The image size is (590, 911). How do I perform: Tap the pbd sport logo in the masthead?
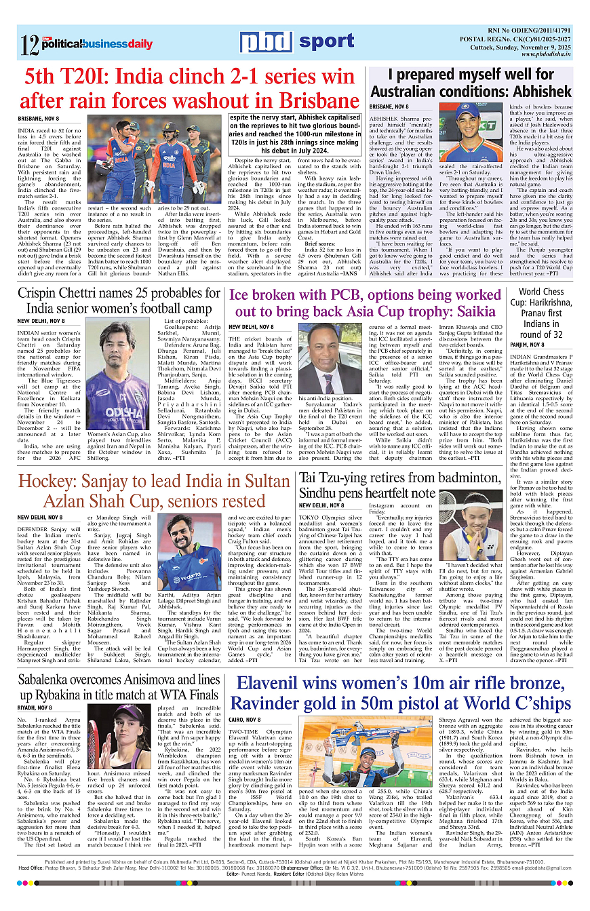point(296,43)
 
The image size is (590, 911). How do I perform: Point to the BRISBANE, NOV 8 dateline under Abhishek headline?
point(408,107)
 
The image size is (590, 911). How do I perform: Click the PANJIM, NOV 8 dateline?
point(528,345)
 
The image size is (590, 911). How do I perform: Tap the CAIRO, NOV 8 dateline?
point(245,719)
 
